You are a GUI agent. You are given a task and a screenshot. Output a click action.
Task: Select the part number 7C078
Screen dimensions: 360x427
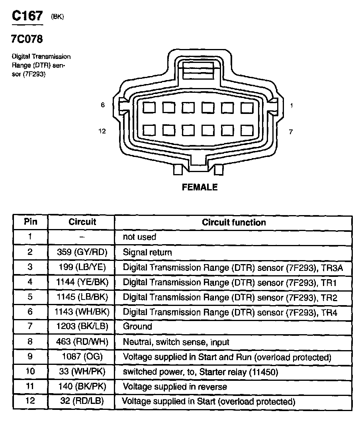tap(27, 39)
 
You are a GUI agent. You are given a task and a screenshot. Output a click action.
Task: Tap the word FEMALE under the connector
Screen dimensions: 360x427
tap(200, 187)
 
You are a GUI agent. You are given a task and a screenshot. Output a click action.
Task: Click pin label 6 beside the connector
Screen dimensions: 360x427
tap(103, 105)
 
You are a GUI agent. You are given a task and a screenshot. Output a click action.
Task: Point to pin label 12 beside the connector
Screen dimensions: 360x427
tap(102, 131)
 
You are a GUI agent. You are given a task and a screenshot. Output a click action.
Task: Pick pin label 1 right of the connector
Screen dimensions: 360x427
tap(292, 106)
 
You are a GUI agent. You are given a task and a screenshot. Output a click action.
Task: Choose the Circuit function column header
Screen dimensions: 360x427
tap(234, 222)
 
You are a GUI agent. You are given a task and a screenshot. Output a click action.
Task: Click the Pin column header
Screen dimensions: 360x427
tap(30, 222)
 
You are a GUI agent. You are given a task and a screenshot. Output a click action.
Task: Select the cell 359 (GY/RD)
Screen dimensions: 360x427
tap(82, 252)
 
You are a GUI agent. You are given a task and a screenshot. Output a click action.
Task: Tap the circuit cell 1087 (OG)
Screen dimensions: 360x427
tap(82, 357)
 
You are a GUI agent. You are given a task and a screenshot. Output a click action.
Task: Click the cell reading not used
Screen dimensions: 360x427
tap(139, 237)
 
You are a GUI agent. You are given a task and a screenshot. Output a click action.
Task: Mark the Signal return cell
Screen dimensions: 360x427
tap(147, 252)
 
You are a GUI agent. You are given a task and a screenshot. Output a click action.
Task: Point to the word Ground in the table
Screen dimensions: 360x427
tap(137, 327)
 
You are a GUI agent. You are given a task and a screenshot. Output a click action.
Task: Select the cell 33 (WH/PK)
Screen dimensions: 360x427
tap(82, 372)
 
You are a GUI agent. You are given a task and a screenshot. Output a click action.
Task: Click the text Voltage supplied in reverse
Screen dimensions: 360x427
tap(175, 386)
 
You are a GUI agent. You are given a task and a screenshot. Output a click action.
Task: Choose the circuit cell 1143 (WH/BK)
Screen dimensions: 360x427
tap(82, 312)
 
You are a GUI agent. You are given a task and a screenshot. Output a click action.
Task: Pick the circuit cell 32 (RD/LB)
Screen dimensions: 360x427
tap(82, 401)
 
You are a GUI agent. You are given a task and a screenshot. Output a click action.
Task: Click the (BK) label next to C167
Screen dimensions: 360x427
tap(57, 16)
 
